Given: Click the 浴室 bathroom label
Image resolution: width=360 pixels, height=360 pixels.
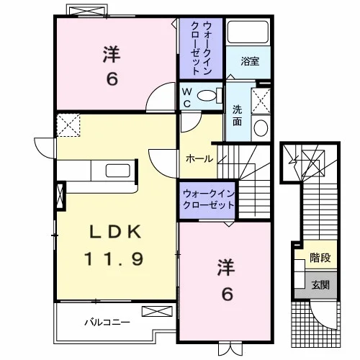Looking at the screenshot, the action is point(250,61).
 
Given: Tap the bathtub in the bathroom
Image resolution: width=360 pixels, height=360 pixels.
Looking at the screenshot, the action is point(248,32).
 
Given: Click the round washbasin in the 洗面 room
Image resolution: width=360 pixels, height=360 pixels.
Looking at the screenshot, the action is point(261,127).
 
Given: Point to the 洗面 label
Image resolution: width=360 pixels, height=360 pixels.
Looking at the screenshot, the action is point(237,116).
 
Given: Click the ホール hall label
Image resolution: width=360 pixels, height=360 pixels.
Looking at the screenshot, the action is point(199,159).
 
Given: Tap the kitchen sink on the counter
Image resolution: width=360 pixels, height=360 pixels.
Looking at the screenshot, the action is point(118,171).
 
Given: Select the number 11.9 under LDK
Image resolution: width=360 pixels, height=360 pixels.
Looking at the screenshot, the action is point(114,258).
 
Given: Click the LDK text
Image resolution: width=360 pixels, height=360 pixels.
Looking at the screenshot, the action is point(115,232).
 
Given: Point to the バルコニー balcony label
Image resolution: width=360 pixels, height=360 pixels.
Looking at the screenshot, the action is point(107,322).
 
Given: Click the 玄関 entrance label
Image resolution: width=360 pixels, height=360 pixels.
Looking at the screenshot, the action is point(320,285).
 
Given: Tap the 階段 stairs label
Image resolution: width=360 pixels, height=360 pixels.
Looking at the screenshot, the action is point(320,258).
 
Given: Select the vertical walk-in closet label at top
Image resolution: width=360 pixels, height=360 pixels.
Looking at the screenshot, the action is point(201,48).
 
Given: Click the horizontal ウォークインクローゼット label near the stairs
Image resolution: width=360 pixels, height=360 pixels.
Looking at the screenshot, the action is point(208,199).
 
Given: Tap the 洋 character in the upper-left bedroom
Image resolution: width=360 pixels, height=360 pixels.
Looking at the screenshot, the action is point(112,55).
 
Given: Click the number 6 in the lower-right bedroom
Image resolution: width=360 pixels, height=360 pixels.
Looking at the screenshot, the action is point(227,294).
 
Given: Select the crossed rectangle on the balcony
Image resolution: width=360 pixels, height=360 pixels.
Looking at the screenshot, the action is point(157,311).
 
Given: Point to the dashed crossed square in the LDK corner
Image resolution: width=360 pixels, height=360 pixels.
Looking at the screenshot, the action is point(68,125).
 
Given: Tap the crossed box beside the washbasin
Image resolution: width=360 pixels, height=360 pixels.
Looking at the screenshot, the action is point(261,101).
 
